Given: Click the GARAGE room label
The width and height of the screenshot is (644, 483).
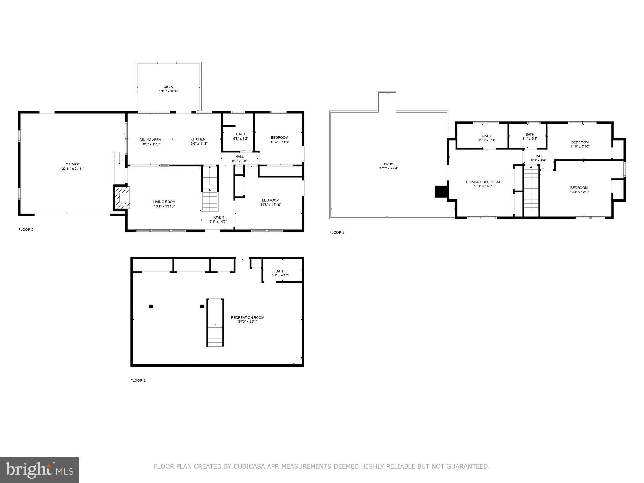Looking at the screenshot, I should click(x=73, y=164).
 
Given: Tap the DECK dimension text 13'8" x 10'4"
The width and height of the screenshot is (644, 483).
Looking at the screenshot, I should click(x=168, y=91).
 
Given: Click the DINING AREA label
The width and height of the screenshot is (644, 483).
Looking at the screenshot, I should click(x=150, y=140).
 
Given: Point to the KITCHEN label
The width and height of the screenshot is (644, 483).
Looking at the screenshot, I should click(x=198, y=139).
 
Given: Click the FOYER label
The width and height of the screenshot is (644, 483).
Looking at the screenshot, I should click(x=218, y=217).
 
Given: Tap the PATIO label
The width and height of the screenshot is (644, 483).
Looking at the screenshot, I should click(x=389, y=164).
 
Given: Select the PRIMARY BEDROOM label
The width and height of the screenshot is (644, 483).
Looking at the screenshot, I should click(x=483, y=182).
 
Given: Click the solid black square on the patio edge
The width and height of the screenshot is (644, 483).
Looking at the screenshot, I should click(x=441, y=192).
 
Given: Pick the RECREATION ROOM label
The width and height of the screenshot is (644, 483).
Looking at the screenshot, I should click(x=247, y=318).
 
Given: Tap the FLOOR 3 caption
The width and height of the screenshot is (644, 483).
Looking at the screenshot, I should click(x=337, y=233).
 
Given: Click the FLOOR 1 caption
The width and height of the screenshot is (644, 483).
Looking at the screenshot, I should click(x=138, y=380).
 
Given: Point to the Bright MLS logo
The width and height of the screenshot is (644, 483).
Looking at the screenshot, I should click(x=39, y=470).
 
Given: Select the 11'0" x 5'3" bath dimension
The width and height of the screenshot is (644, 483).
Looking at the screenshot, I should click(x=487, y=140).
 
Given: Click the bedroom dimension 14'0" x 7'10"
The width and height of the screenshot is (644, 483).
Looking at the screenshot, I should click(x=580, y=147).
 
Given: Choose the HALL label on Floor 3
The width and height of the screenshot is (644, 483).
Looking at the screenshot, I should click(x=538, y=156).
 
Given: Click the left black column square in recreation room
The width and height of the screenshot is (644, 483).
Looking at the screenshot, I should click(x=151, y=306).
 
